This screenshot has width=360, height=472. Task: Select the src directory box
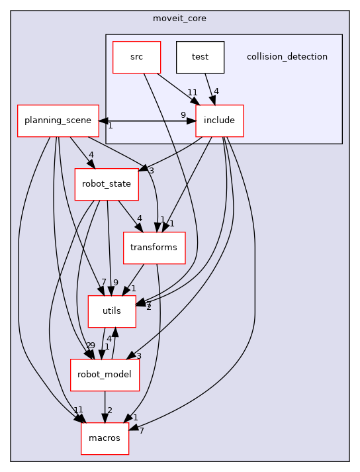(136, 57)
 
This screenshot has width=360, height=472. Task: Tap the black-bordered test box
(200, 57)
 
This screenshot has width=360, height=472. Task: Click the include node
(220, 121)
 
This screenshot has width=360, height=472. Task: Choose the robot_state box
(106, 184)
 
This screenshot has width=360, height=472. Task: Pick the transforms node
(154, 248)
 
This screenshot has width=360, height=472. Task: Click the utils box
(112, 311)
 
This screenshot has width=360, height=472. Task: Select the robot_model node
(105, 375)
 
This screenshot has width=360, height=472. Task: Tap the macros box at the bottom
(105, 438)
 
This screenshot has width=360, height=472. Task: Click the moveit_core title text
(179, 18)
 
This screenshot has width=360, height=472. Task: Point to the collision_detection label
(287, 57)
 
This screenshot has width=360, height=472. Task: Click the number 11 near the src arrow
(193, 92)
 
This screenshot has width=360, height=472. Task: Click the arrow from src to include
(177, 88)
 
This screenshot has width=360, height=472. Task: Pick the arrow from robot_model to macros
(105, 406)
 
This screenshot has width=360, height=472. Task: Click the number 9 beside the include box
(183, 115)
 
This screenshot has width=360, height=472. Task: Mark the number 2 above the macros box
(110, 410)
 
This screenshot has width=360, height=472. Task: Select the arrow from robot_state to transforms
(129, 216)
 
